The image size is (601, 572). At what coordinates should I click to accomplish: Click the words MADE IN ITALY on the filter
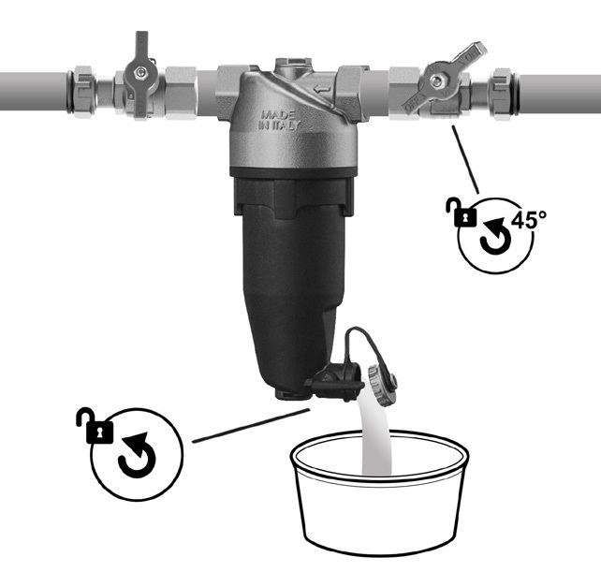pyautogui.click(x=279, y=120)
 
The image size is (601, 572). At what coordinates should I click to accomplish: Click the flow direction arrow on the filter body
pyautogui.click(x=322, y=90)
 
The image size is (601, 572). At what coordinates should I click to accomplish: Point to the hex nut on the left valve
pyautogui.click(x=141, y=71)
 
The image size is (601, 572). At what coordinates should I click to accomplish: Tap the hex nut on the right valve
pyautogui.click(x=435, y=81)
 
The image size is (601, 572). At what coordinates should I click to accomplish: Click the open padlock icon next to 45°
pyautogui.click(x=462, y=212)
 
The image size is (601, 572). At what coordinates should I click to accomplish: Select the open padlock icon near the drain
pyautogui.click(x=95, y=426)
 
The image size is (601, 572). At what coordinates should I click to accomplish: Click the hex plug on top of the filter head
pyautogui.click(x=294, y=66)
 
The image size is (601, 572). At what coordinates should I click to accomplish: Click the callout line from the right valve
pyautogui.click(x=465, y=159)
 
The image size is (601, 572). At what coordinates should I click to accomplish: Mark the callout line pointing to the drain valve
pyautogui.click(x=250, y=426)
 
